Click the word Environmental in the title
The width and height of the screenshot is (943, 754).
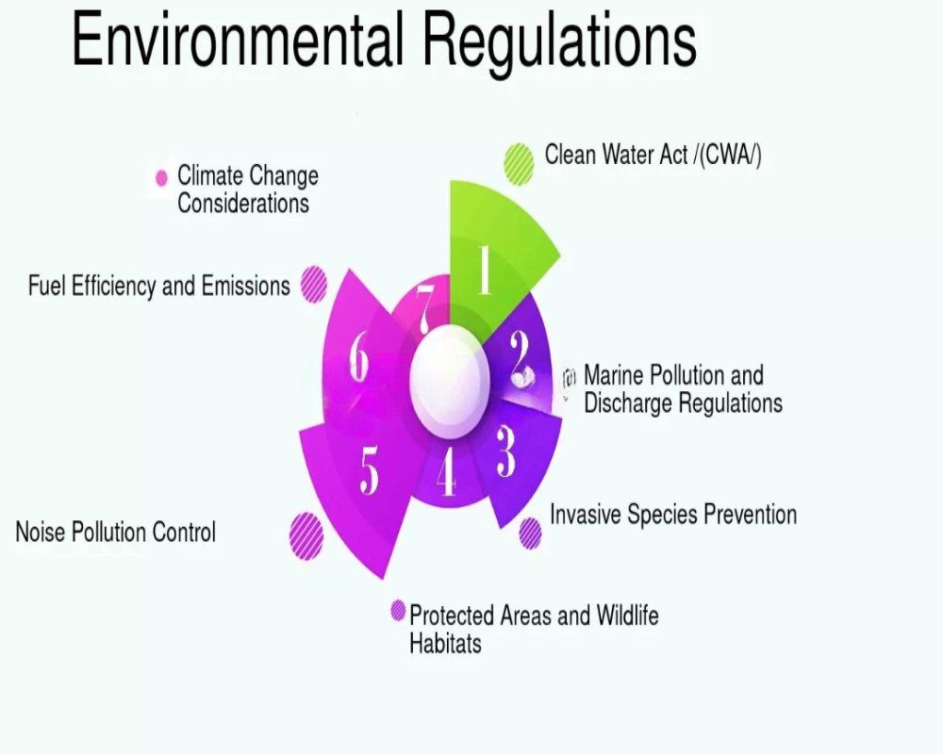237,40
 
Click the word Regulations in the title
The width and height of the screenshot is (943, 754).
559,43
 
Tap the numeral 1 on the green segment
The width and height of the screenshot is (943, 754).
485,270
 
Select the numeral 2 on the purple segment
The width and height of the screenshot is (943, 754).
521,359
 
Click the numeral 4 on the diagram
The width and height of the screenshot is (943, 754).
446,472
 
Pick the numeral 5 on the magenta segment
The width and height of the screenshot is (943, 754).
370,472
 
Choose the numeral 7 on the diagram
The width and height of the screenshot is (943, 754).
424,309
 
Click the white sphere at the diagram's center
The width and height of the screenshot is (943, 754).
450,381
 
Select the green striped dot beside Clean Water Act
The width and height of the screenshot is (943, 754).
519,164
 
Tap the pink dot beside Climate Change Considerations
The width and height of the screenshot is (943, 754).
162,178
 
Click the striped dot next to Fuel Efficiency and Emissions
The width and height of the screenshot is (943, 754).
313,285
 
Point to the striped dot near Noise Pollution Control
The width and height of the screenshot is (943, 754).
306,535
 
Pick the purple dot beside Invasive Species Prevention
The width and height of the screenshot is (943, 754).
530,533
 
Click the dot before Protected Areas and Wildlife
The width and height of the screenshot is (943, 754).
398,611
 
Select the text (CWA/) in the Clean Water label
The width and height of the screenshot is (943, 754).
731,156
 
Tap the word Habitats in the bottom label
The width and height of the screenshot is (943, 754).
446,644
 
